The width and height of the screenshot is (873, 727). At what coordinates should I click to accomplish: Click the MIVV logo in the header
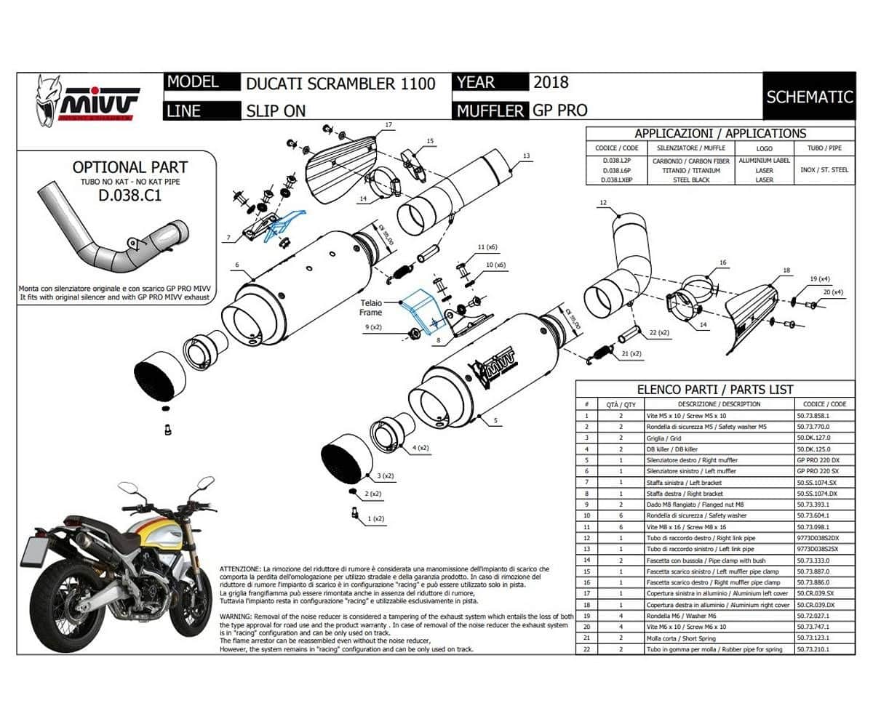click(87, 100)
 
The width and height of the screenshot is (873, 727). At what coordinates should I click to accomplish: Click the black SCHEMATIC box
click(809, 96)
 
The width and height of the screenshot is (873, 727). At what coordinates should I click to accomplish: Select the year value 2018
click(551, 82)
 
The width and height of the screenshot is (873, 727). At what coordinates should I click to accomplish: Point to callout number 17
click(388, 125)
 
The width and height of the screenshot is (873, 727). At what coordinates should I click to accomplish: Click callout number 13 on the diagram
click(526, 156)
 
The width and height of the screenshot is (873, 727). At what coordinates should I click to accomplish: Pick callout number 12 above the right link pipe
click(603, 201)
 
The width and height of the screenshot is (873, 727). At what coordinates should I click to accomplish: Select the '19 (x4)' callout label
click(818, 279)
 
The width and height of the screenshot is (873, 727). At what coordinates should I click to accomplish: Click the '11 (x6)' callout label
click(487, 247)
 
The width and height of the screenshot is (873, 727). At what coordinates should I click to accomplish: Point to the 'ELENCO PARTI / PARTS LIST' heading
click(714, 390)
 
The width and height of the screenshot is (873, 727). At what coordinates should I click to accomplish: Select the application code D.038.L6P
click(610, 170)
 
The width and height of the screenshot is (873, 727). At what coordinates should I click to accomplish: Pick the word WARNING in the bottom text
click(236, 616)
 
